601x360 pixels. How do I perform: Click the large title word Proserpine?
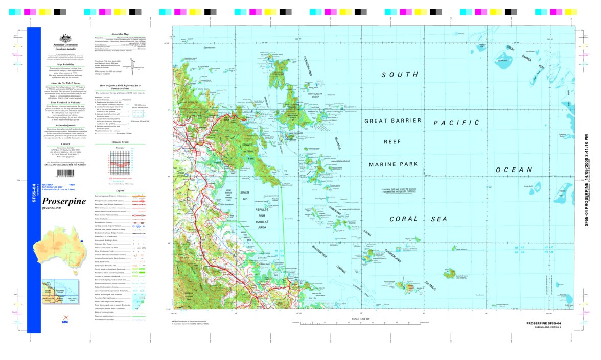64,201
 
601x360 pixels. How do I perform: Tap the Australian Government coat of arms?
65,38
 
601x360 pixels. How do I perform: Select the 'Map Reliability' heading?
65,64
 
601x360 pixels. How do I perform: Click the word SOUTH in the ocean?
400,75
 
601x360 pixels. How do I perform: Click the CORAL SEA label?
418,219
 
